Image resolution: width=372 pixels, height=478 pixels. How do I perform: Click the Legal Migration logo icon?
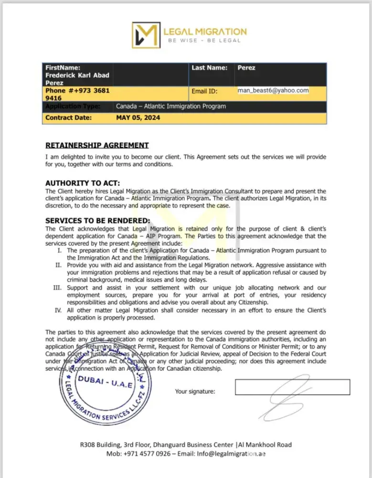(x=145, y=34)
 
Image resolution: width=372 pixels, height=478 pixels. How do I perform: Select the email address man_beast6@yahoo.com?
(x=273, y=90)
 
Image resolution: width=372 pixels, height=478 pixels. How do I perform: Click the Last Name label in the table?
(x=210, y=68)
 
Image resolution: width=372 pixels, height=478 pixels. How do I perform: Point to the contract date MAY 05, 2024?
(x=138, y=118)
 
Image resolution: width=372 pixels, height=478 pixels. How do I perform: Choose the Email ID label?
(x=204, y=91)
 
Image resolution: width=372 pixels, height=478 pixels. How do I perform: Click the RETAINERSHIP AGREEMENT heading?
(x=97, y=145)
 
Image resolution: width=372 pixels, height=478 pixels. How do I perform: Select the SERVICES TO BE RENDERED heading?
(x=97, y=221)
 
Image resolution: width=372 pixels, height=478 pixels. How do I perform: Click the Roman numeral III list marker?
(x=58, y=288)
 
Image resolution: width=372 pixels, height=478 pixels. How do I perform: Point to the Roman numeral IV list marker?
(x=58, y=311)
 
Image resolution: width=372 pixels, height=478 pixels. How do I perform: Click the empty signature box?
(x=292, y=387)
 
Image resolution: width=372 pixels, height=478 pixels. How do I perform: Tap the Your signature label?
(x=195, y=391)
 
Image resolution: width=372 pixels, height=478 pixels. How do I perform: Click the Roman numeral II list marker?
(x=58, y=265)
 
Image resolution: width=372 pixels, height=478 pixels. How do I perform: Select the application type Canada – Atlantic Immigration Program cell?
(x=171, y=106)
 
